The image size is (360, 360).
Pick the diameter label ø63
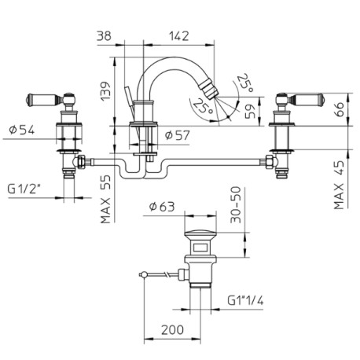tap(163, 208)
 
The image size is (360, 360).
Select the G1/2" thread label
tap(26, 188)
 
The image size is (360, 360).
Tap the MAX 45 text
tap(340, 186)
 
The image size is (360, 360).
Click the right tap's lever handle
tap(306, 99)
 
